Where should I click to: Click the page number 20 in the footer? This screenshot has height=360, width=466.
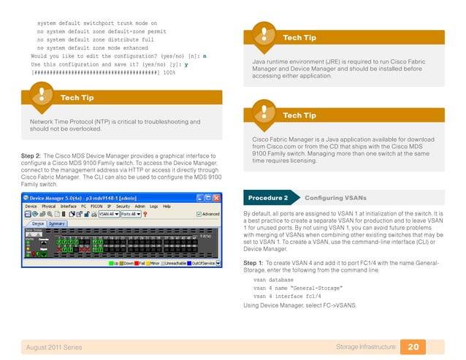(413, 347)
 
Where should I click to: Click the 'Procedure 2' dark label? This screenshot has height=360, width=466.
(268, 198)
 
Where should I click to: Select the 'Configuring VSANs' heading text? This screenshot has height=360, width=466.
(335, 198)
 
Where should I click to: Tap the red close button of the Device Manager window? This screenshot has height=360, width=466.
(216, 198)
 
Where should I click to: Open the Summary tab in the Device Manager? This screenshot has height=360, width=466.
(57, 223)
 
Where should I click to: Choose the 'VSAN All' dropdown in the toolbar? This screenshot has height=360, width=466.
(107, 214)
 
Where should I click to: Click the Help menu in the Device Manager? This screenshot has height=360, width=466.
(167, 206)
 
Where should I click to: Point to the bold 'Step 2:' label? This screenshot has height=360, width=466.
(30, 156)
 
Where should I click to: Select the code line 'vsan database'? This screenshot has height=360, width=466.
(273, 279)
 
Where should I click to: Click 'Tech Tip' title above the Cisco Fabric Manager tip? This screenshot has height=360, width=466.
(299, 115)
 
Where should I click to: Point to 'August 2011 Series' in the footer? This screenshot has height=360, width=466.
(53, 347)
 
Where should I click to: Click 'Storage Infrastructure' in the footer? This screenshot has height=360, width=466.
(366, 347)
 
